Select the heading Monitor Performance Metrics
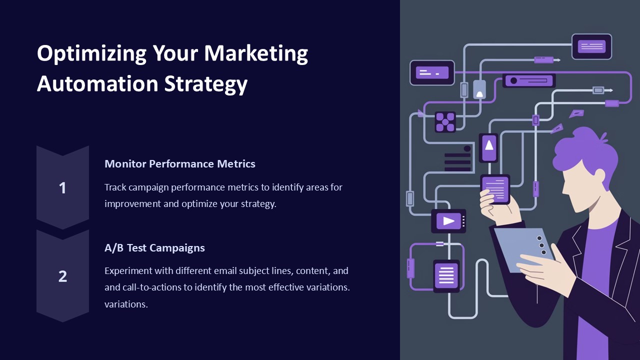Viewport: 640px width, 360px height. point(180,163)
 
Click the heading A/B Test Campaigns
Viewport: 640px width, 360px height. point(154,247)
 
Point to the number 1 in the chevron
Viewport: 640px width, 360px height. point(62,188)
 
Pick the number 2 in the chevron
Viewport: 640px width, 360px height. point(62,276)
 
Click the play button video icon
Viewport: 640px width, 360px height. point(448,221)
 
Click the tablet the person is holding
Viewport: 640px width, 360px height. point(522,247)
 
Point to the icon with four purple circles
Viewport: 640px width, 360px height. point(444,121)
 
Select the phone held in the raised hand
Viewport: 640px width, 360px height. point(495,189)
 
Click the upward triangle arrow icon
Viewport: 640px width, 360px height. point(489,145)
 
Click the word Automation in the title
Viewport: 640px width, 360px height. point(97,84)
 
